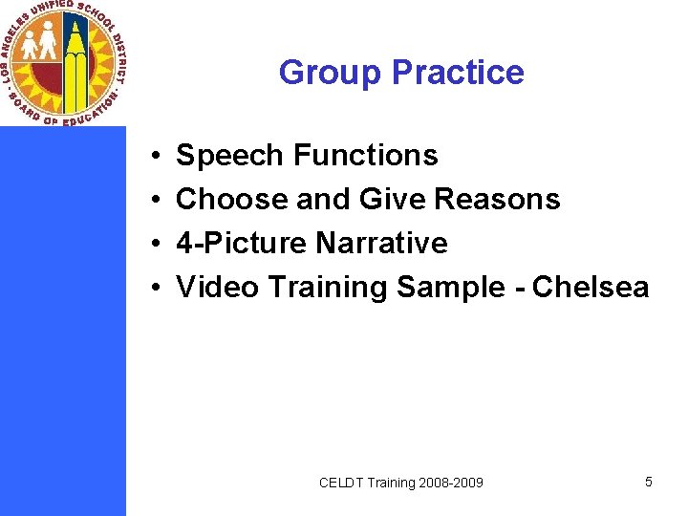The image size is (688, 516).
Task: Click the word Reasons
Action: click(x=497, y=199)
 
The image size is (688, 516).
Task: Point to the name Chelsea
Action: click(x=591, y=287)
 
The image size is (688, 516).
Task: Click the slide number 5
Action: click(x=649, y=482)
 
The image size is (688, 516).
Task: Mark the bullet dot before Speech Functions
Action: click(x=154, y=156)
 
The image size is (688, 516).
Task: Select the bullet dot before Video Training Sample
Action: click(x=154, y=288)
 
